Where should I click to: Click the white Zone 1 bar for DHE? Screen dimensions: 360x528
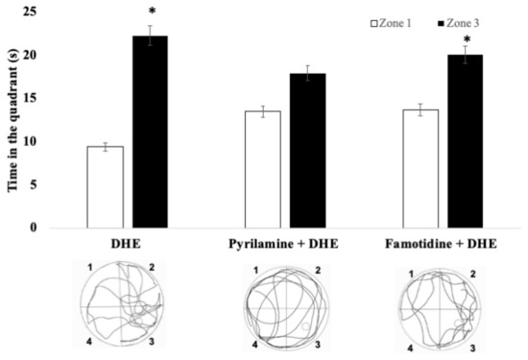click(x=104, y=187)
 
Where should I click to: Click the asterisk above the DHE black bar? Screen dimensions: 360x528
click(x=152, y=12)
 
